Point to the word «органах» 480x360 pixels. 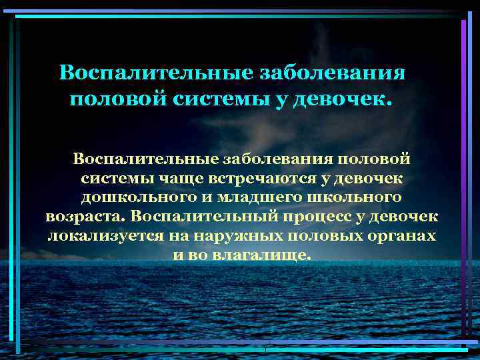(x=401, y=237)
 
